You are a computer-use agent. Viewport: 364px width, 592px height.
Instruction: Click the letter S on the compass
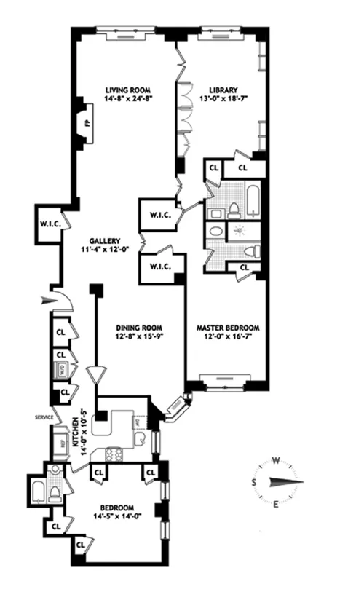click(x=254, y=482)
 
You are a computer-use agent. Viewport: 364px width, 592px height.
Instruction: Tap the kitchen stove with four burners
click(x=116, y=455)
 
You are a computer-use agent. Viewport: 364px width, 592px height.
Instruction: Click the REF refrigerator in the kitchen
click(x=58, y=441)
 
